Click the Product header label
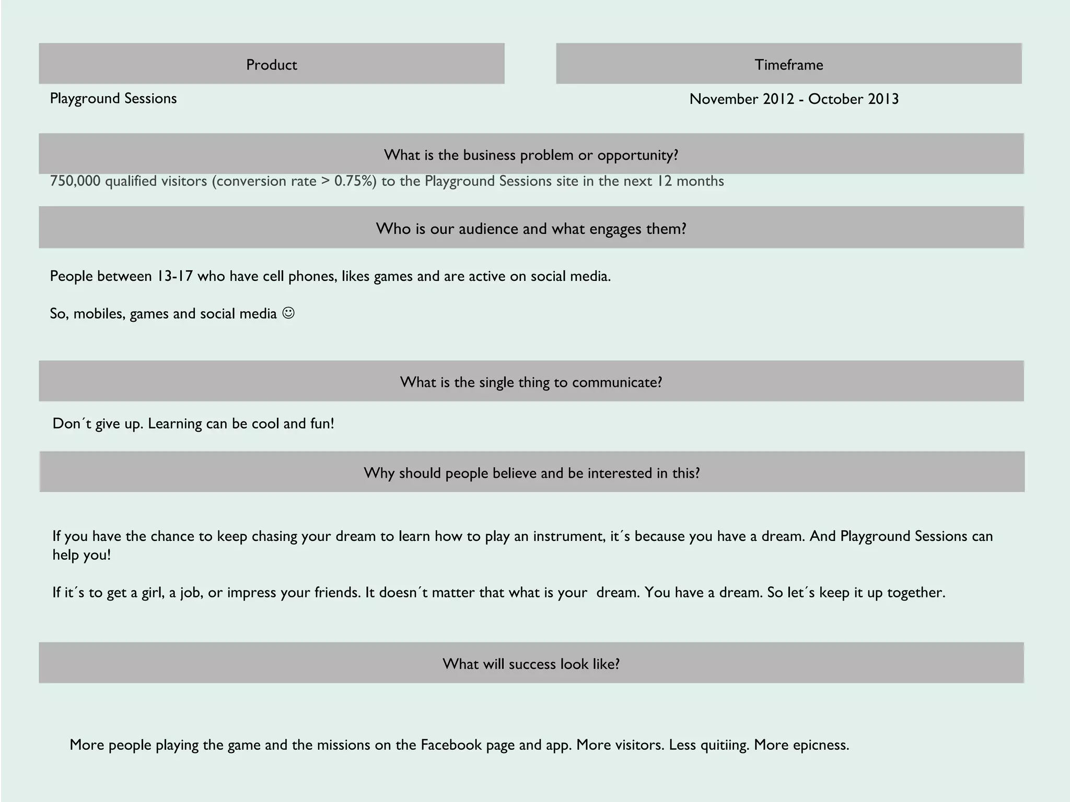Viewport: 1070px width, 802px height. click(x=271, y=65)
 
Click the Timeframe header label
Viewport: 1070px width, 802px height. click(x=788, y=65)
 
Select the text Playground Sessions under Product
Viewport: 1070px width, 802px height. click(x=113, y=99)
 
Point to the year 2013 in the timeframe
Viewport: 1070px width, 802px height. click(x=883, y=99)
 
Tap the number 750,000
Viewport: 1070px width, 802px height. click(x=75, y=181)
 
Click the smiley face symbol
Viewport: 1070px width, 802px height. click(x=288, y=313)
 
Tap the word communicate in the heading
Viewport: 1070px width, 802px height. click(x=617, y=383)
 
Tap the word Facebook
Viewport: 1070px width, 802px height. click(x=451, y=745)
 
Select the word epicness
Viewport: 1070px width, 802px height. click(x=821, y=745)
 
